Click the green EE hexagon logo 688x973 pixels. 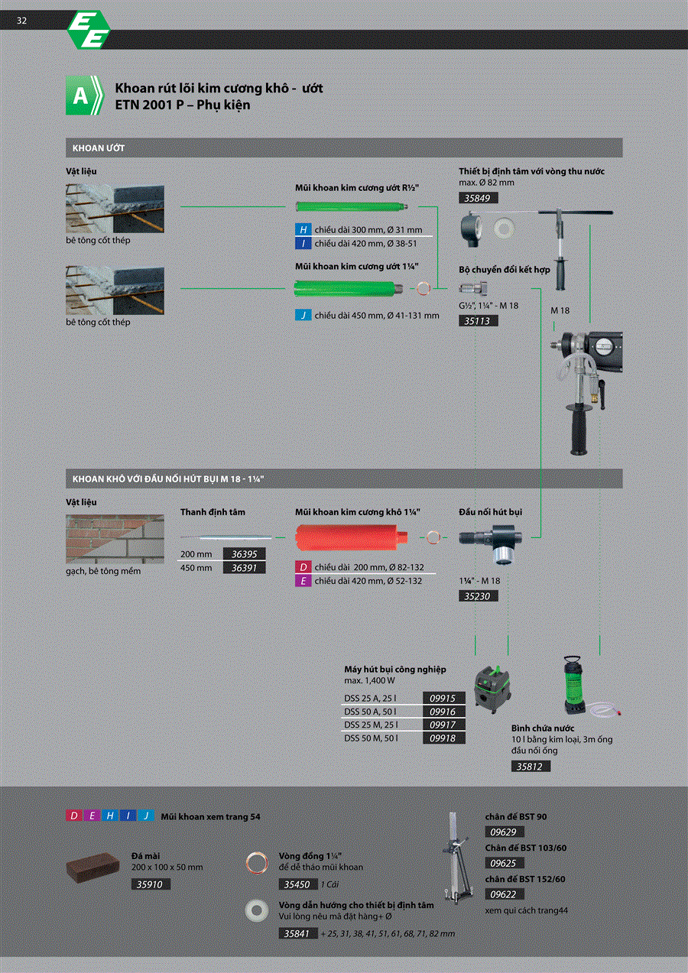(x=89, y=30)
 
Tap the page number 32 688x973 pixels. (x=21, y=21)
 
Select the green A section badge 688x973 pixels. (x=85, y=95)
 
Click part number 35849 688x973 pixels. (x=479, y=198)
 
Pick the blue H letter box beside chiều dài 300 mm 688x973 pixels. (x=303, y=229)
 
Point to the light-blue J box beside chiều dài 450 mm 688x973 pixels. (x=303, y=315)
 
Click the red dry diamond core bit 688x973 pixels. (x=352, y=537)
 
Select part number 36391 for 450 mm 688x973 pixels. (x=244, y=568)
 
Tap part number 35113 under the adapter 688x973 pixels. (x=479, y=321)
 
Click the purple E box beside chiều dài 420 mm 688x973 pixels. (x=303, y=580)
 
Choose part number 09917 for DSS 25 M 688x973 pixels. (x=444, y=725)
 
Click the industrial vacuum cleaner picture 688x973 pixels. (x=492, y=689)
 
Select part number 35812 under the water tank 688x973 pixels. (x=531, y=766)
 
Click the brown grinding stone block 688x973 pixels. (x=93, y=867)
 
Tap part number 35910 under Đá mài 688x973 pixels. (x=151, y=884)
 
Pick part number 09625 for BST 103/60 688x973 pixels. (x=505, y=863)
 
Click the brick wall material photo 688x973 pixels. (x=115, y=539)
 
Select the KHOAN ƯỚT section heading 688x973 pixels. (x=99, y=148)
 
